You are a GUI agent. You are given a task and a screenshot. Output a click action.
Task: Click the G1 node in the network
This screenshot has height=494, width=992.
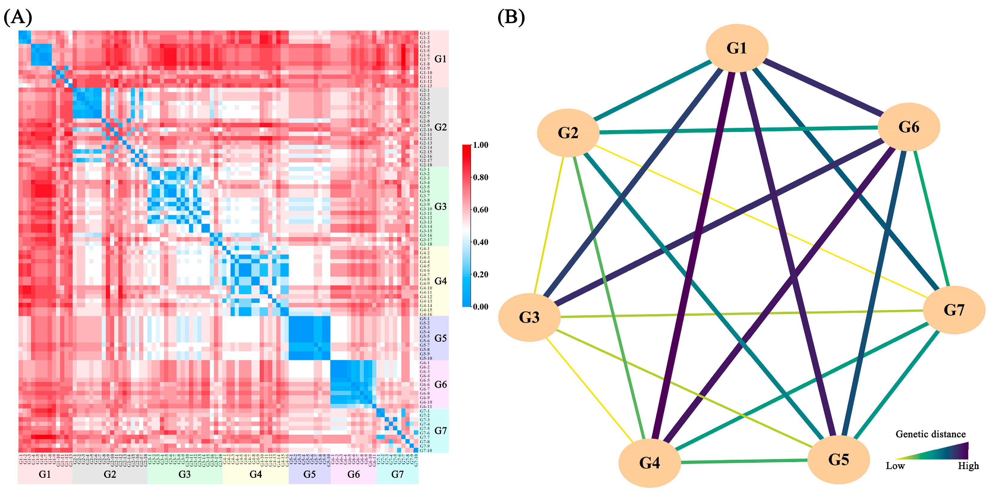pyautogui.click(x=737, y=48)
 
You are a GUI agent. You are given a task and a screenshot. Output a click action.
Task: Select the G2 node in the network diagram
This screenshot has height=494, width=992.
pyautogui.click(x=568, y=133)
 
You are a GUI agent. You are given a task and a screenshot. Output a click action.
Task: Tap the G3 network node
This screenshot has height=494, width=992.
pyautogui.click(x=529, y=317)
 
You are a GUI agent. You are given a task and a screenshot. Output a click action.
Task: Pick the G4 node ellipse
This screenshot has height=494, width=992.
pyautogui.click(x=649, y=463)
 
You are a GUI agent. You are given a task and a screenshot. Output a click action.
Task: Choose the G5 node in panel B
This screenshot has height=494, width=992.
pyautogui.click(x=838, y=460)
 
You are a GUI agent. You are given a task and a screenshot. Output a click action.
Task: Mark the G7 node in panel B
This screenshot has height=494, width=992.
pyautogui.click(x=954, y=310)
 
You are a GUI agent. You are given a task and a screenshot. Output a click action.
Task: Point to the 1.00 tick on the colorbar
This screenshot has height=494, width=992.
pyautogui.click(x=481, y=145)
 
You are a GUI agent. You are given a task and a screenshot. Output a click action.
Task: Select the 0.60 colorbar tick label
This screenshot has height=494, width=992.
pyautogui.click(x=481, y=210)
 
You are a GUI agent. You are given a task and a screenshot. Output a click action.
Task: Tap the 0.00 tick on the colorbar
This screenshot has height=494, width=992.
pyautogui.click(x=481, y=306)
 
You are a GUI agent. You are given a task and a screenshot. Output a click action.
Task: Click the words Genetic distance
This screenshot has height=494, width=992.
pyautogui.click(x=930, y=434)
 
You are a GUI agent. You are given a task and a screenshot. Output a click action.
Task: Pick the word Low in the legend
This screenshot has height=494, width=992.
pyautogui.click(x=895, y=466)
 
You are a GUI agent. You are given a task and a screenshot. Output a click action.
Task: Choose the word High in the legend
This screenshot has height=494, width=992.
pyautogui.click(x=968, y=466)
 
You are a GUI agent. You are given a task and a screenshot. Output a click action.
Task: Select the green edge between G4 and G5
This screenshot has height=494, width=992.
pyautogui.click(x=743, y=461)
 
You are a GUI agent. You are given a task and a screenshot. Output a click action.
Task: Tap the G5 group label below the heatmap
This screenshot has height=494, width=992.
pyautogui.click(x=310, y=474)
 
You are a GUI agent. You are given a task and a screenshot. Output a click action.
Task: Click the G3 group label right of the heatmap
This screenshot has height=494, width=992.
pyautogui.click(x=441, y=207)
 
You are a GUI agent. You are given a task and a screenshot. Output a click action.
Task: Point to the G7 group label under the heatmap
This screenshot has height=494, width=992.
pyautogui.click(x=398, y=474)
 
